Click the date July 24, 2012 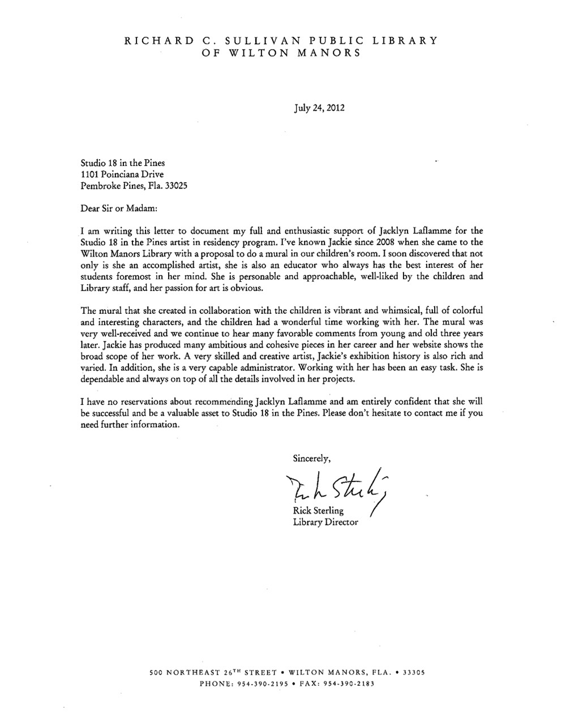point(319,108)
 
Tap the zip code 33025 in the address point(174,186)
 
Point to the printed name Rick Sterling point(318,511)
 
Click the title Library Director point(325,522)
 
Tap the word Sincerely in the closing point(312,458)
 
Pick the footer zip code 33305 point(414,673)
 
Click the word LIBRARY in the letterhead point(405,41)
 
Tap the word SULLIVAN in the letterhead point(260,41)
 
